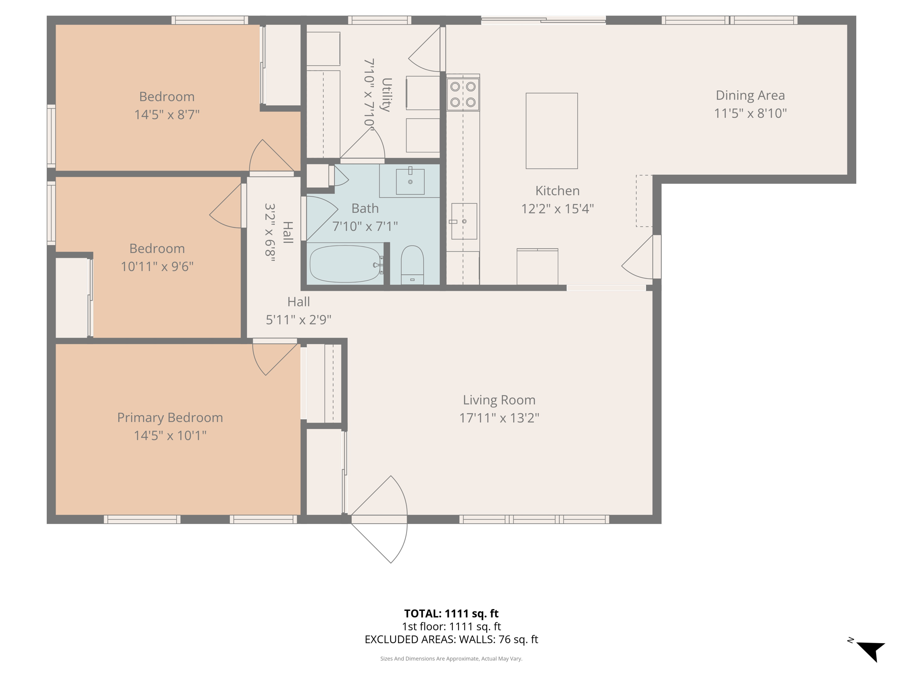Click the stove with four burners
[463, 94]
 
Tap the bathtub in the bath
[346, 264]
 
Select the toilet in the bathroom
[412, 264]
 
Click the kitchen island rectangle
[551, 130]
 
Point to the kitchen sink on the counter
[464, 221]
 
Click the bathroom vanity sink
[410, 181]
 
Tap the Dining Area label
[750, 95]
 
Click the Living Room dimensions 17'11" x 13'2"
[499, 418]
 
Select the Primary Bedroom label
[170, 417]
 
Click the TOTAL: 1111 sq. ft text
[451, 614]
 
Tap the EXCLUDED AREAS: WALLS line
[451, 639]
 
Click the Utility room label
[386, 94]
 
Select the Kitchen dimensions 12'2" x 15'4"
[557, 208]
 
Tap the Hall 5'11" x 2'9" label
[299, 311]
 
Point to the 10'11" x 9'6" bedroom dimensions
[157, 267]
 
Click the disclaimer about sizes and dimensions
[451, 658]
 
